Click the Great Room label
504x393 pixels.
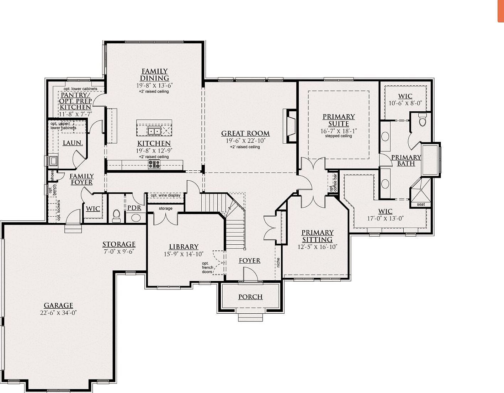[245, 133]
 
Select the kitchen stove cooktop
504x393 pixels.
[154, 164]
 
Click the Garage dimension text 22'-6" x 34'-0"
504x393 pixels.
[58, 313]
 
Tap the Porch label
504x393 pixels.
[250, 297]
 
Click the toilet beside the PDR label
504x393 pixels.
[116, 215]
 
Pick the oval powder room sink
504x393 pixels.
[136, 218]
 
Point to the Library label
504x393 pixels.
[184, 246]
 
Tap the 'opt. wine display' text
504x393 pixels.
[165, 195]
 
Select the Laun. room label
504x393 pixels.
[73, 143]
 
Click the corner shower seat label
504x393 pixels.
[420, 205]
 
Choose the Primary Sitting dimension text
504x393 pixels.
[317, 246]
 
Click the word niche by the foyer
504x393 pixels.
[278, 262]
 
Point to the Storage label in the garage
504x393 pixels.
[119, 244]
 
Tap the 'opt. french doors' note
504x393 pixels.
[207, 267]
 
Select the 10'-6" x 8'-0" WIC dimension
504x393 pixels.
[405, 103]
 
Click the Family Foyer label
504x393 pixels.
[81, 179]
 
